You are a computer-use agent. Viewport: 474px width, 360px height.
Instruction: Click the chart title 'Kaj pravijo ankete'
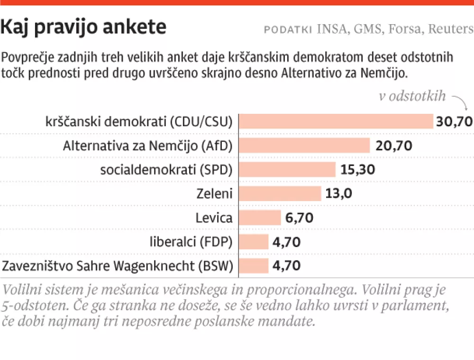pos(83,28)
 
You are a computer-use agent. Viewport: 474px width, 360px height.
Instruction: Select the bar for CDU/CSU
pos(336,121)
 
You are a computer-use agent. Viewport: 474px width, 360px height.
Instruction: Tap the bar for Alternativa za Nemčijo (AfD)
pos(304,145)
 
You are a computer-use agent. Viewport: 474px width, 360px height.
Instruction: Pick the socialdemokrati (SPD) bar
pos(287,169)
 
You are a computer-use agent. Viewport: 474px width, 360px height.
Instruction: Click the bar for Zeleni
pos(280,194)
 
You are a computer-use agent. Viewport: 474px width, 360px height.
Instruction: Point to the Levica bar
pos(260,218)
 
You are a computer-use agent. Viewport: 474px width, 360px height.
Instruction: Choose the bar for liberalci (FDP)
pos(253,242)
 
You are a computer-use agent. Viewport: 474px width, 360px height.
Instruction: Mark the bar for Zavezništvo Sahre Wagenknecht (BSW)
pos(253,266)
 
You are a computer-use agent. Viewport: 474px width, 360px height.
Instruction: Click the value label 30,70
pos(455,121)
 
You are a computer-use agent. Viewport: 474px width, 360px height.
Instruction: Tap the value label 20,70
pos(394,145)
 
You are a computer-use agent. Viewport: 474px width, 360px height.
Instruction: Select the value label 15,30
pos(360,169)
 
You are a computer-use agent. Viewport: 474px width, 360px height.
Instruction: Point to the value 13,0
pos(339,194)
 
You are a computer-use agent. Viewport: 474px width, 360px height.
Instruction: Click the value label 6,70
pos(300,218)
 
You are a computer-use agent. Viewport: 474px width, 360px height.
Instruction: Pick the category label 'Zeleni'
pos(215,194)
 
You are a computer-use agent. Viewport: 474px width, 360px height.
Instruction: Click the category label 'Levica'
pos(214,218)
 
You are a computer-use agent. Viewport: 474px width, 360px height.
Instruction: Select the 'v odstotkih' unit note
pos(412,96)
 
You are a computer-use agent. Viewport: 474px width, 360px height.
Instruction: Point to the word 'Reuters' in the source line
pos(451,29)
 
